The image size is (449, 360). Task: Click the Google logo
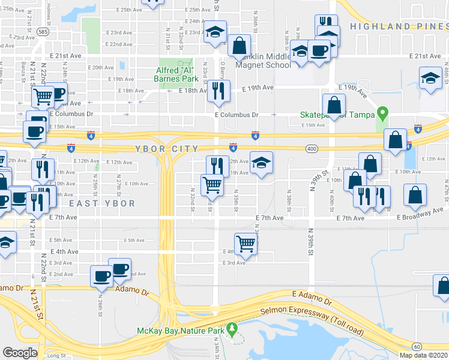(20, 353)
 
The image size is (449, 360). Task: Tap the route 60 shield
(417, 346)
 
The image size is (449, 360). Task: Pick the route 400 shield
(311, 148)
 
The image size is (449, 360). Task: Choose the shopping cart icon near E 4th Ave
(246, 243)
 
